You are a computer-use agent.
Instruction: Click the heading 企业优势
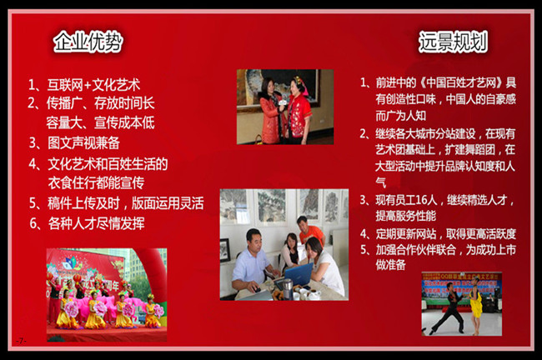pos(88,42)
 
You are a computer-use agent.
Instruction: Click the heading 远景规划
pos(453,42)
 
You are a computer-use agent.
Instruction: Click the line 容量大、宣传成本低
pos(100,122)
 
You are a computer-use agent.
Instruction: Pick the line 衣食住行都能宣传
pos(96,183)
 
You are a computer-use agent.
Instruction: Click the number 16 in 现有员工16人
pos(418,200)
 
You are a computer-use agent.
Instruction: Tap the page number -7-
pos(21,341)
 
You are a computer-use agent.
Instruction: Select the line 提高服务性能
pos(406,216)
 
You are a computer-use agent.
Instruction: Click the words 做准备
pos(390,265)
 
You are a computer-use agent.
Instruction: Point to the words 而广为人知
pos(401,116)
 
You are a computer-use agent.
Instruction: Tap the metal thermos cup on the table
pos(288,289)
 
